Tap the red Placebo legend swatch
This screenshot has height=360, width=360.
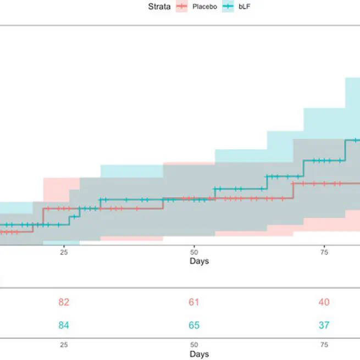point(181,7)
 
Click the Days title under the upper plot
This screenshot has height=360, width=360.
point(199,261)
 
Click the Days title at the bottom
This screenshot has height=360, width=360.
point(199,355)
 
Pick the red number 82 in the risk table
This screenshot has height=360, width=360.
point(64,302)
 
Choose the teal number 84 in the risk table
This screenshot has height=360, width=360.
point(64,325)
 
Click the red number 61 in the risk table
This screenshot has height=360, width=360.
point(194,302)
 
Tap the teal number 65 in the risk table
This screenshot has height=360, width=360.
point(194,325)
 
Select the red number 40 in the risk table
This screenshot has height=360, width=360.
point(324,302)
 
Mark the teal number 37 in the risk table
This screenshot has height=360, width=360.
point(324,325)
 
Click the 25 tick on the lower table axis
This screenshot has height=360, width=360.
point(64,345)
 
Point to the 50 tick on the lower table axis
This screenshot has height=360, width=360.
point(194,345)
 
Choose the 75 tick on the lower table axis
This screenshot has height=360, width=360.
point(324,345)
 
